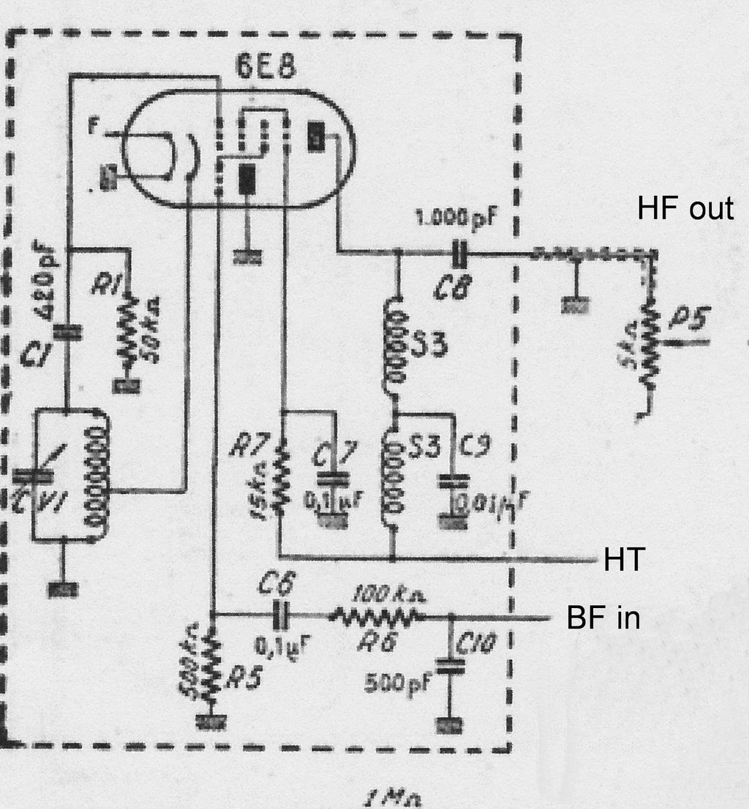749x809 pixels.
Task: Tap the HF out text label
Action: click(x=685, y=209)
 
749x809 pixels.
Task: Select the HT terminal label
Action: click(x=623, y=561)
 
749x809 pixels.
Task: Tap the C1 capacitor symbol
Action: click(x=71, y=333)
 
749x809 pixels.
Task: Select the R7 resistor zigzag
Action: click(x=279, y=482)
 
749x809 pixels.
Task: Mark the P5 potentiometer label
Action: click(x=688, y=319)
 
